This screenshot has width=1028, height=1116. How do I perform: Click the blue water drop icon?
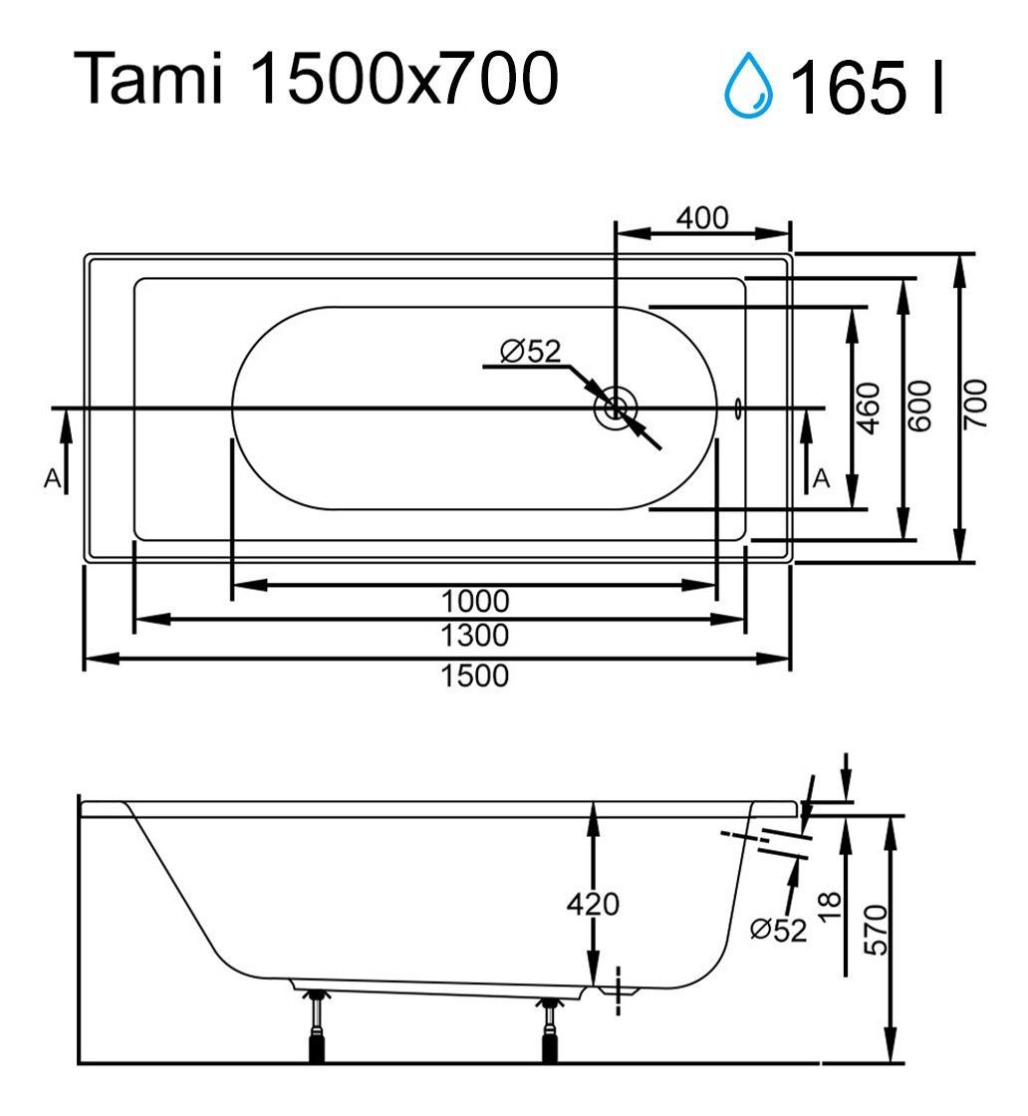tap(748, 85)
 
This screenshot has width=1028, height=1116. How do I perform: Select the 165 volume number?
tap(849, 87)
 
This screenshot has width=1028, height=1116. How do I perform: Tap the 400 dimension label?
tap(702, 218)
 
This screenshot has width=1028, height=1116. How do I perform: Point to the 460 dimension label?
tap(869, 408)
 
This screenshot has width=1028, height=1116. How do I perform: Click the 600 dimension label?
tap(919, 406)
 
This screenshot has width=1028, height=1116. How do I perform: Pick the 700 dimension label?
tap(975, 404)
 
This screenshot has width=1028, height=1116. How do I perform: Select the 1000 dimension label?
tap(475, 602)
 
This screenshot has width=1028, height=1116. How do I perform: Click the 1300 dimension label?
tap(475, 635)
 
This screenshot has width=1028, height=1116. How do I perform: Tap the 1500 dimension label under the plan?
tap(475, 676)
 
